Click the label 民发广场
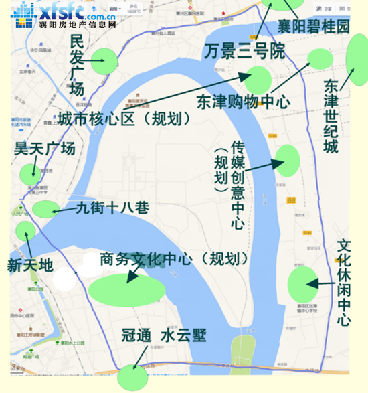coord(78,66)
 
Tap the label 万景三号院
coord(244,51)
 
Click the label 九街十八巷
coord(112,208)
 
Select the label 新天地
coord(29,265)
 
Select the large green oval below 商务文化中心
coord(127,289)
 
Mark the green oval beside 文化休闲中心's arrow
coord(302,285)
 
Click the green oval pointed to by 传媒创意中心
coord(287,161)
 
